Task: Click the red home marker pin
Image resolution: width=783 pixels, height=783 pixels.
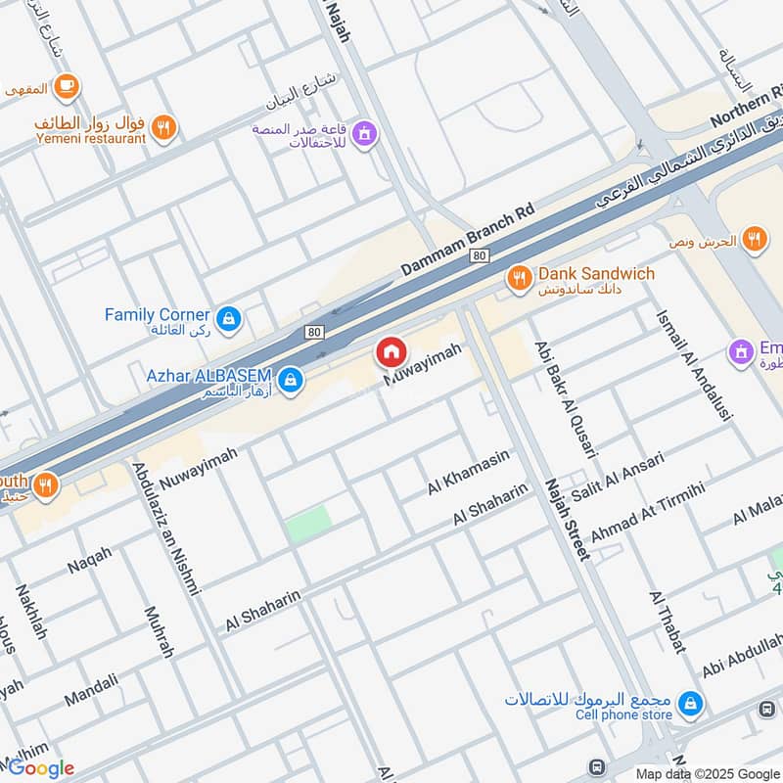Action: coord(391,352)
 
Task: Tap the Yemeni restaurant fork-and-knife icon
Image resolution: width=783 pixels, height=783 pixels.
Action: coord(164,126)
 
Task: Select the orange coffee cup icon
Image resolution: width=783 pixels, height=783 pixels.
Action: coord(67,88)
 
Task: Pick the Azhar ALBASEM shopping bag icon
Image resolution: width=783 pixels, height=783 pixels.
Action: coord(289,381)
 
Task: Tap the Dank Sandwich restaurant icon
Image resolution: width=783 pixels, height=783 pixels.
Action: coord(518,281)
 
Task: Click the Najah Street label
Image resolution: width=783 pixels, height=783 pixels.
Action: coord(568,519)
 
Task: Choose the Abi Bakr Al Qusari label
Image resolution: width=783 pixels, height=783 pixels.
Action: coord(565,399)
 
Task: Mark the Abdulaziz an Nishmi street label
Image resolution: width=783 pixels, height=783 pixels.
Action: coord(165,529)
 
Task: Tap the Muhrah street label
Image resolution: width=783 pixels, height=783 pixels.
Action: coord(159,631)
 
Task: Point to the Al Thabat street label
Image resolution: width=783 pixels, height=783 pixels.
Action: coord(667,622)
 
